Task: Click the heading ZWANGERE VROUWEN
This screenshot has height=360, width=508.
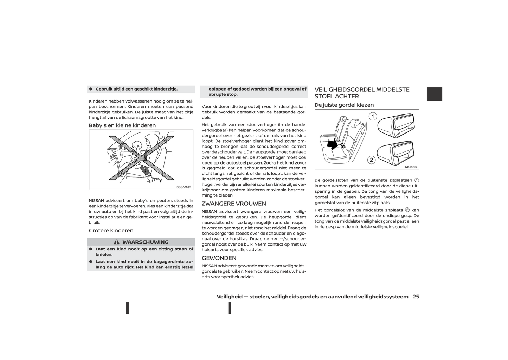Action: (x=234, y=204)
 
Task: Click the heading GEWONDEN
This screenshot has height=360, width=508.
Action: (x=219, y=258)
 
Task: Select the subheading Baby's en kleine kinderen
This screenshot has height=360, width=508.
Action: (x=122, y=125)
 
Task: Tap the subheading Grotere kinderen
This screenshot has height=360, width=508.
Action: (x=111, y=231)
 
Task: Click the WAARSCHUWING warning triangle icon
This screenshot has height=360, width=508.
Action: (x=117, y=242)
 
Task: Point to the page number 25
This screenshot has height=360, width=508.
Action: (x=416, y=297)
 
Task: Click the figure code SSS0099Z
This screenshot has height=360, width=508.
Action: (x=184, y=187)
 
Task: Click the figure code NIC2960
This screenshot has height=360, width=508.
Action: (x=411, y=167)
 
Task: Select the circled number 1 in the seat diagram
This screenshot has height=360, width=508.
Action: (x=373, y=116)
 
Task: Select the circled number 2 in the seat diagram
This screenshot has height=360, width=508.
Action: (x=371, y=160)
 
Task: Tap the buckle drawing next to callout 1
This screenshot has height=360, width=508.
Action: (x=396, y=125)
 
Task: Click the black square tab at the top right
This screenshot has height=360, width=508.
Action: (x=434, y=94)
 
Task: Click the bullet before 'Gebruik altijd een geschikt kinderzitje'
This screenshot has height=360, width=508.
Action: (x=91, y=89)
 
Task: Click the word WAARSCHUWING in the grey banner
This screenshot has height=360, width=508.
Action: (x=145, y=242)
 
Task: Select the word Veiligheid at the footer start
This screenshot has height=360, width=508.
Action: (x=230, y=297)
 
